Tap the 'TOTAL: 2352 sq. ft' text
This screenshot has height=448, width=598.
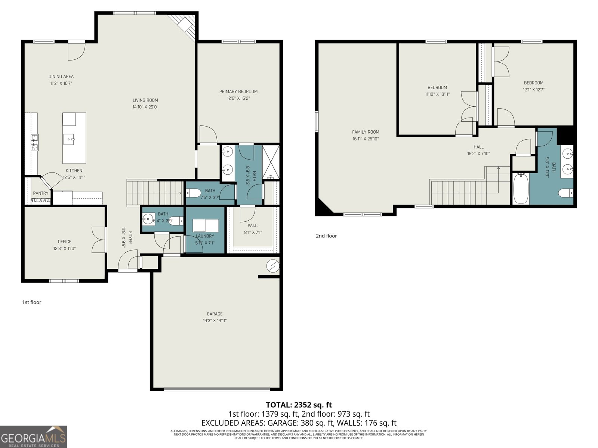[x=299, y=405]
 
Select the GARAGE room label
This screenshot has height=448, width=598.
[x=215, y=314]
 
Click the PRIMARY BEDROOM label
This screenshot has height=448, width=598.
[x=238, y=91]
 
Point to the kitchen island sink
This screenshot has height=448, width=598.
[x=70, y=140]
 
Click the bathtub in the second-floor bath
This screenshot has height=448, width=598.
[x=520, y=189]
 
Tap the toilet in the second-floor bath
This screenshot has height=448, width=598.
[x=565, y=193]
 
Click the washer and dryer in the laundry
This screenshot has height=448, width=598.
[x=206, y=226]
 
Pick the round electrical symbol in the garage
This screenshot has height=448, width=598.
[x=273, y=265]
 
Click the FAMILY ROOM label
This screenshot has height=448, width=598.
[x=366, y=132]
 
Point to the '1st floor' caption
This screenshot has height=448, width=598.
[x=31, y=302]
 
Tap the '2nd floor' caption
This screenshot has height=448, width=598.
[x=326, y=236]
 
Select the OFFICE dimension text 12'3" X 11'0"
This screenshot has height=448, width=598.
[x=64, y=248]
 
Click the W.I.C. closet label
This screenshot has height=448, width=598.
[x=253, y=225]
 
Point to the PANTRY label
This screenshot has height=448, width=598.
[x=41, y=193]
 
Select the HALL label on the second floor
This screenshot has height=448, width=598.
[x=478, y=147]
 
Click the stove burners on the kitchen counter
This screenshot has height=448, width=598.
[x=34, y=142]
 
